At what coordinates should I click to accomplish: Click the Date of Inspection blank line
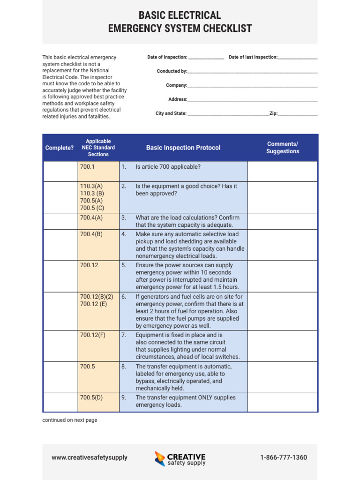click(x=206, y=58)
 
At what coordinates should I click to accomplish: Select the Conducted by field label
click(x=172, y=71)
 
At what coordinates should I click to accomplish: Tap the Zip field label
click(x=273, y=113)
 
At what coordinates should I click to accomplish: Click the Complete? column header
click(x=60, y=148)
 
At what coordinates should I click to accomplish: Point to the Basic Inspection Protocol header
click(x=183, y=148)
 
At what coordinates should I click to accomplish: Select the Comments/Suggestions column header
click(x=283, y=148)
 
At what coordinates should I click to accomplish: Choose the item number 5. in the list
click(x=124, y=265)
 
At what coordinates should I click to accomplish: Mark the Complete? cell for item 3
click(x=60, y=221)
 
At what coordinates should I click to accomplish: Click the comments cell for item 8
click(x=283, y=377)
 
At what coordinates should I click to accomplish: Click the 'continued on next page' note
click(x=70, y=420)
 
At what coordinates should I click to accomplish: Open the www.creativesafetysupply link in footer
click(x=89, y=457)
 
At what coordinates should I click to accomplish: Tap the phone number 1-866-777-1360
click(x=284, y=457)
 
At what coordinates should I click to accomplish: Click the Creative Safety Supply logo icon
click(x=160, y=458)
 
